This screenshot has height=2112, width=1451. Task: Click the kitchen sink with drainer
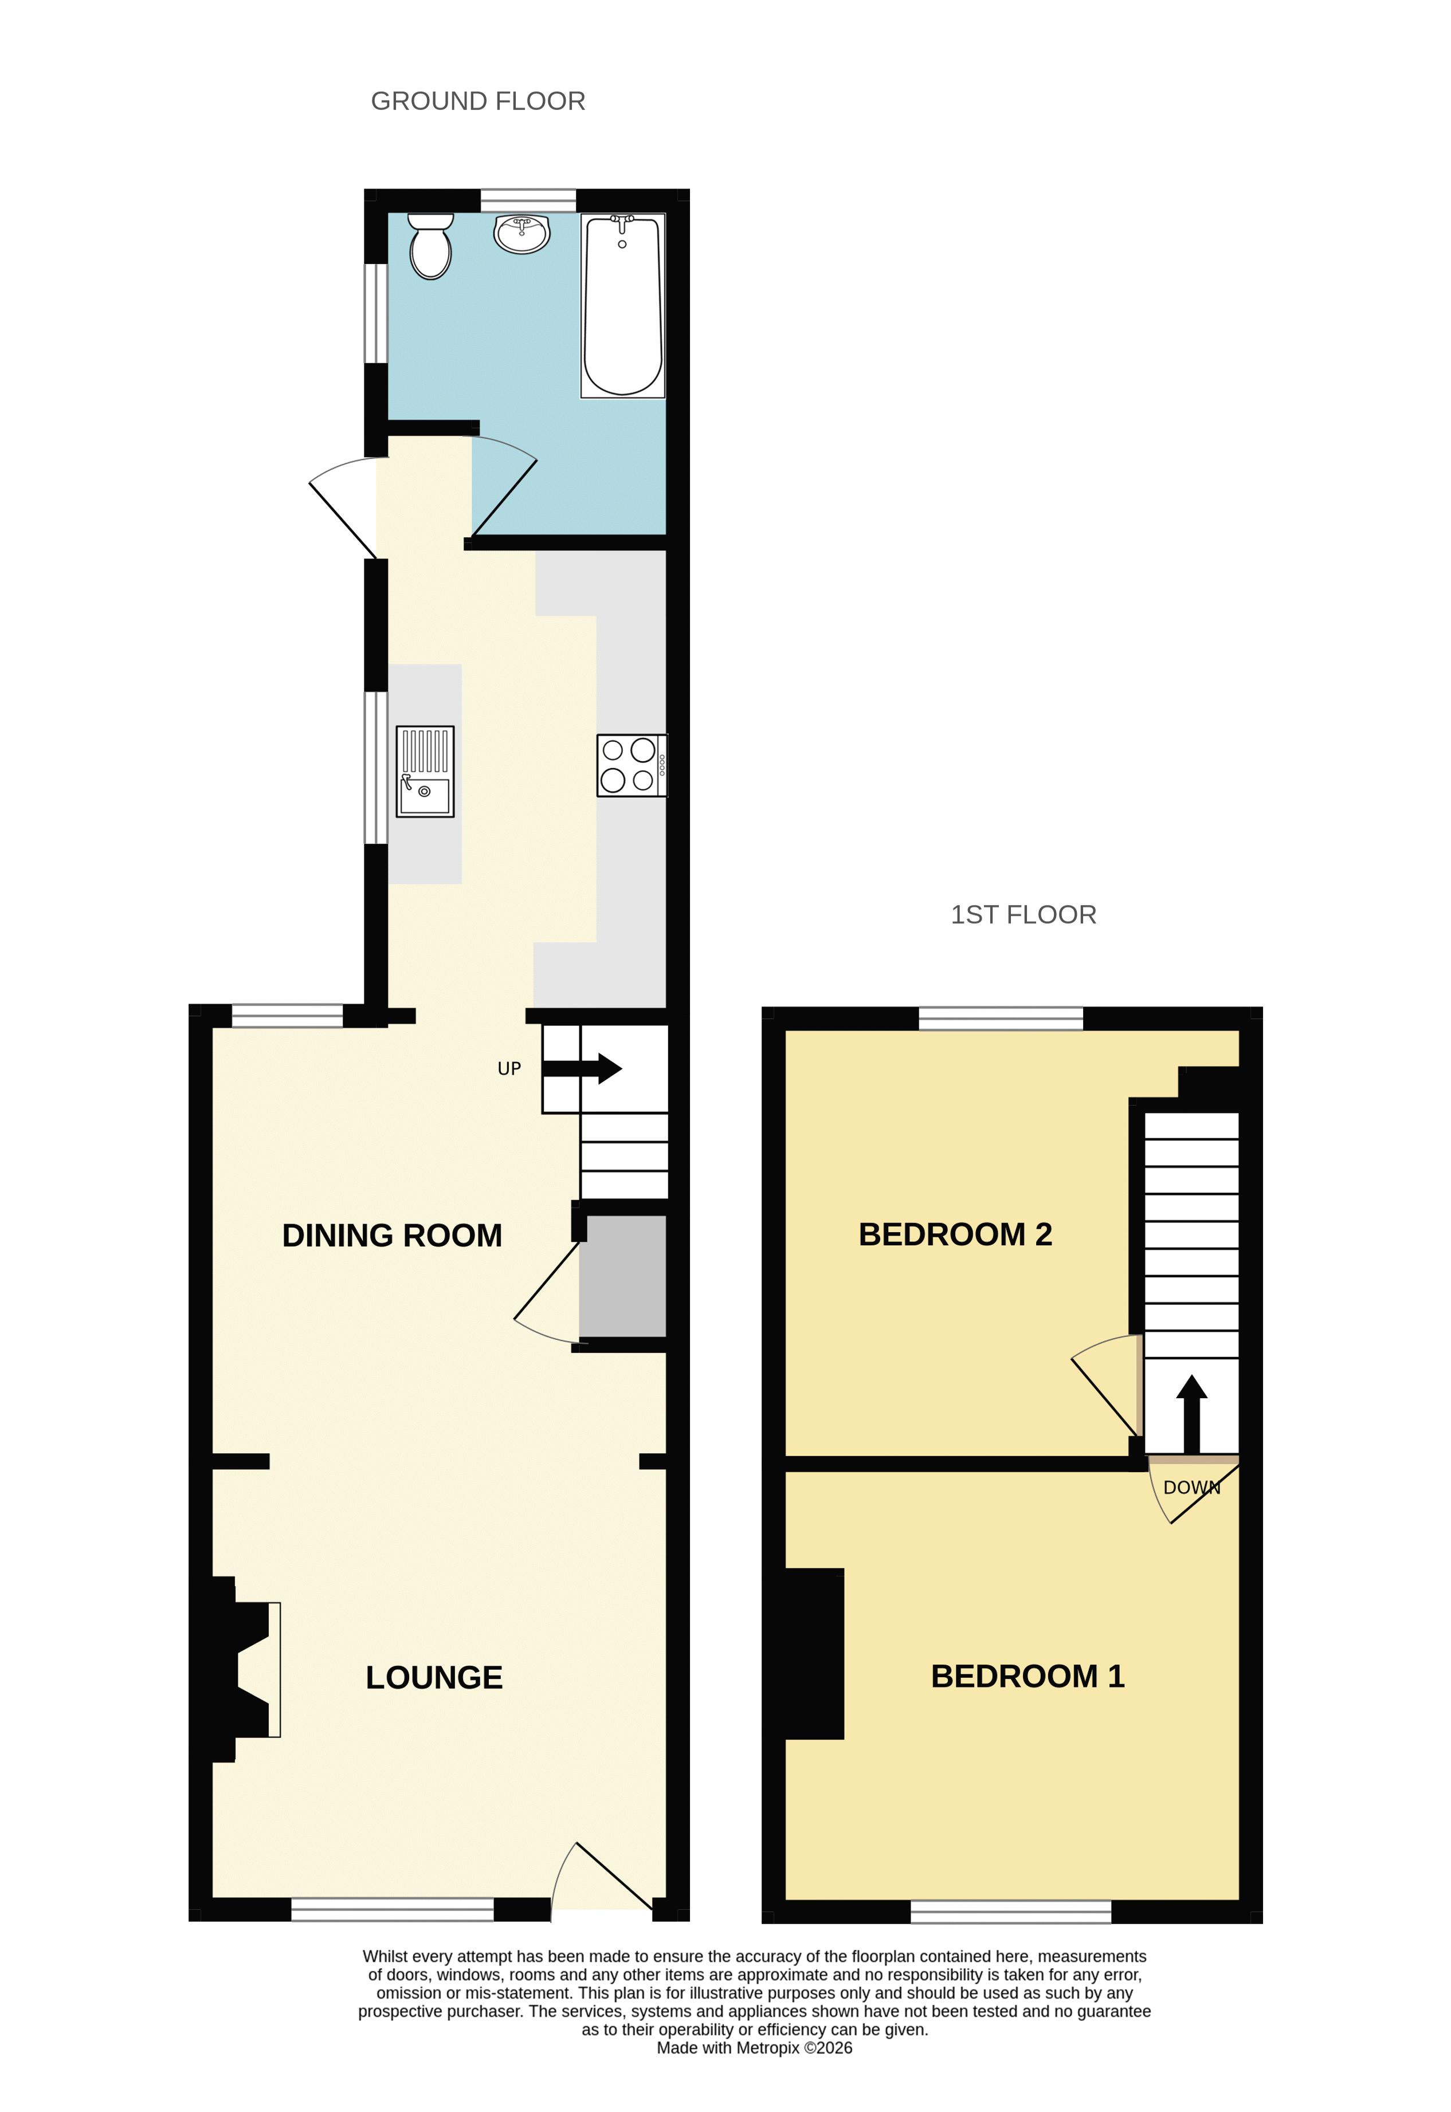coord(425,772)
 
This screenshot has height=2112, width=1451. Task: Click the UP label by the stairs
coord(509,1069)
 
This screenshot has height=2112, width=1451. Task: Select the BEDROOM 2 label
coord(955,1234)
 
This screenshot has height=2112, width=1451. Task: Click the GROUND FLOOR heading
coord(478,101)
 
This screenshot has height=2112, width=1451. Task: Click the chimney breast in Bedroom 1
coord(814,1654)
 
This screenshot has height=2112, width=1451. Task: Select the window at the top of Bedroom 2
coord(1001,1018)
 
